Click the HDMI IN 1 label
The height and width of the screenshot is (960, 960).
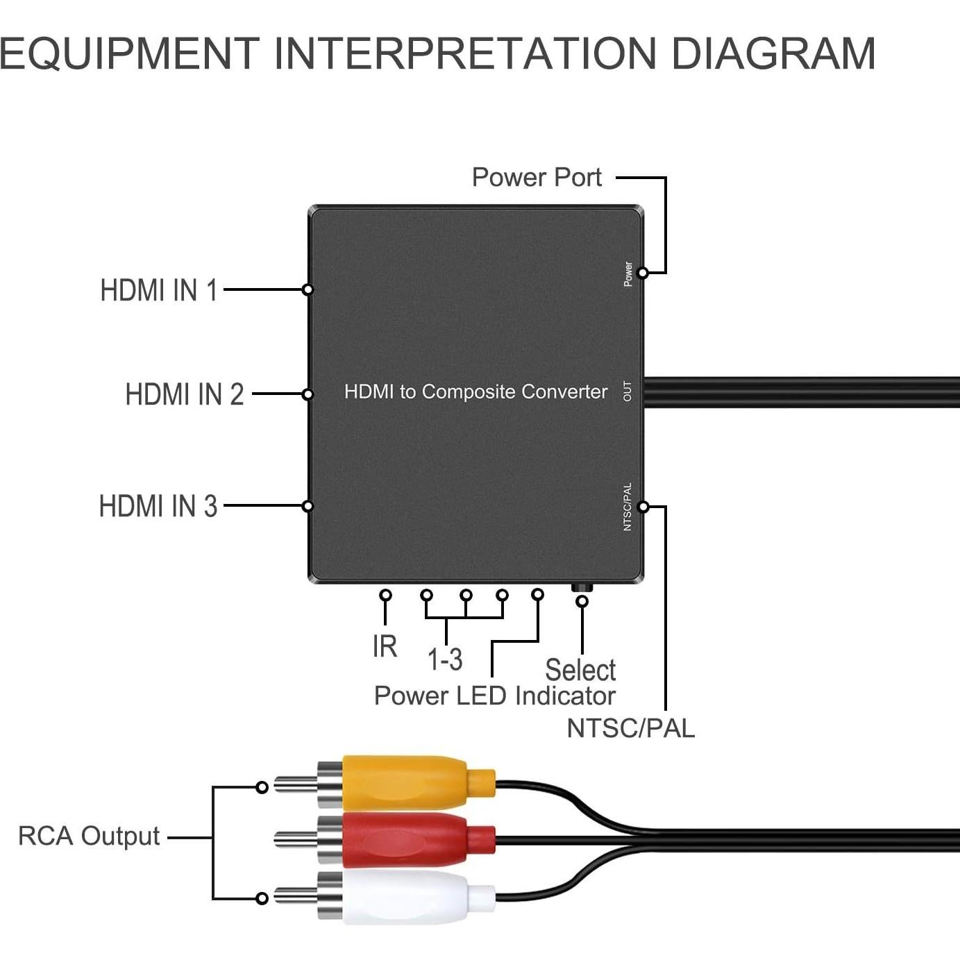coord(159,290)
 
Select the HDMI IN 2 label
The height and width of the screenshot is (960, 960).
coord(185,394)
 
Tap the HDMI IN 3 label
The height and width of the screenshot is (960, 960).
coord(158,506)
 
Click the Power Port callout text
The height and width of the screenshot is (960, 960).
coord(537,177)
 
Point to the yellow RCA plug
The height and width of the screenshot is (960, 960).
coord(405,782)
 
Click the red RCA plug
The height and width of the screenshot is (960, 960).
coord(405,840)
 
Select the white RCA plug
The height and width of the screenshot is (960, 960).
coord(405,898)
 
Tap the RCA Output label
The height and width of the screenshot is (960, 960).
coord(89,836)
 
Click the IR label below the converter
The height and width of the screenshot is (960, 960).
coord(385,646)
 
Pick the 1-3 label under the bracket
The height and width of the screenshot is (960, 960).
coord(445,659)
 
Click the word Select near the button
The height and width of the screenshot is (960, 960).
coord(580,670)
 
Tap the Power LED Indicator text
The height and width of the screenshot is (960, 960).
coord(494,696)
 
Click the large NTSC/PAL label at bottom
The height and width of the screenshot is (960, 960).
coord(630,728)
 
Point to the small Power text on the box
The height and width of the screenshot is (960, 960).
coord(628,273)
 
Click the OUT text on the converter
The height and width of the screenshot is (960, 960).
coord(628,391)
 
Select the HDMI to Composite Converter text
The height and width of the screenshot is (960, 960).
coord(475,391)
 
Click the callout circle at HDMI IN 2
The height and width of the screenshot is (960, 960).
coord(308,394)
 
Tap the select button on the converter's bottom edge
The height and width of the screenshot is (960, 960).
coord(582,587)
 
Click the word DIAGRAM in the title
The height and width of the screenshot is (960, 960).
coord(773,53)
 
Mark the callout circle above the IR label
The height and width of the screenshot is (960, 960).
coord(385,595)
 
